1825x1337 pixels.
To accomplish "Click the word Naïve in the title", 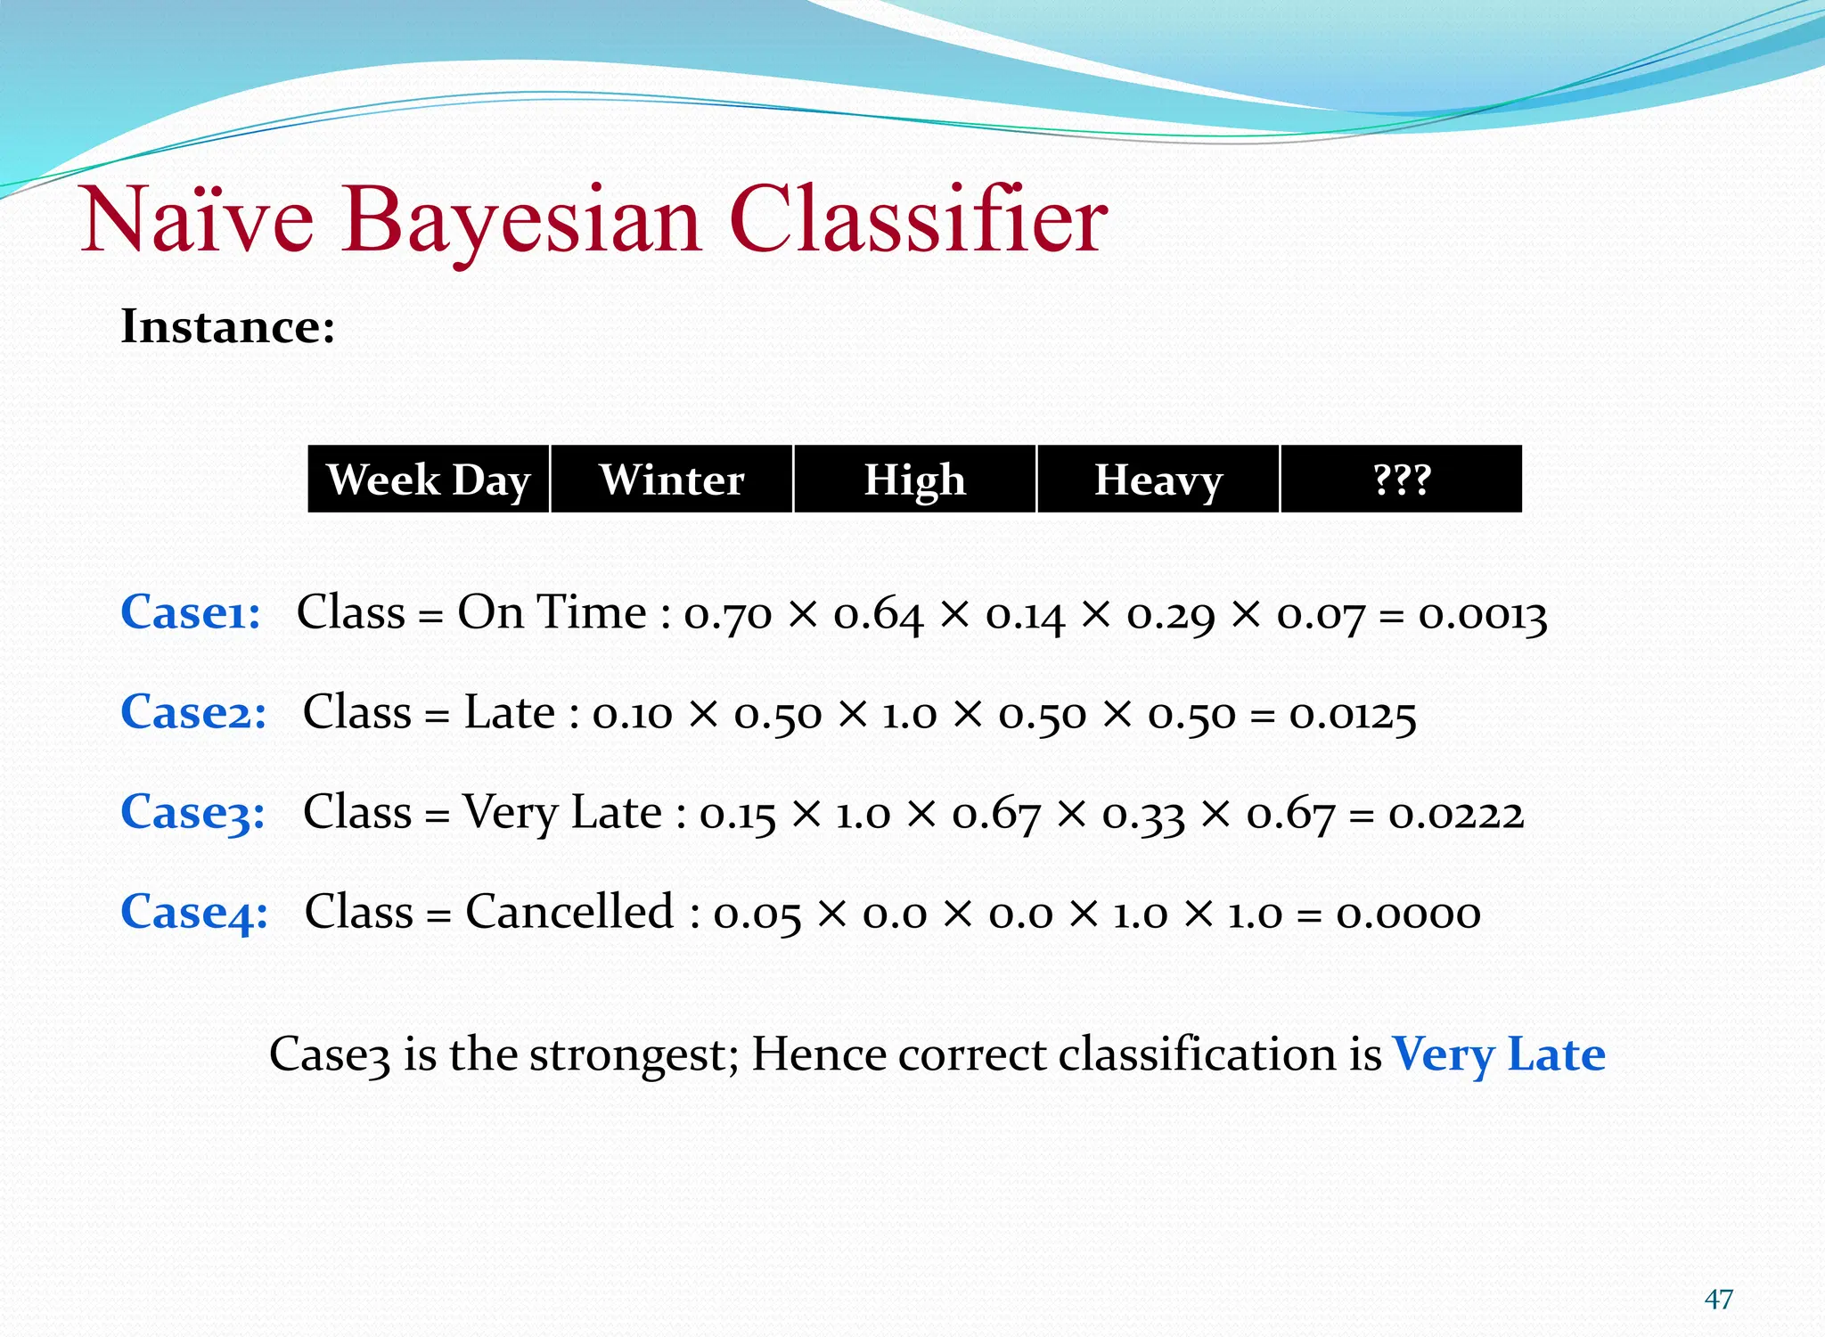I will click(x=197, y=220).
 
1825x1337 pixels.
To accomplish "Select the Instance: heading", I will click(x=228, y=326).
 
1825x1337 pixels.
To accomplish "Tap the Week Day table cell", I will click(x=429, y=480).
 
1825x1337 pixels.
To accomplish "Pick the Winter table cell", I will click(x=672, y=480).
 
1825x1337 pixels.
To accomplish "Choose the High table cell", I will click(x=914, y=480).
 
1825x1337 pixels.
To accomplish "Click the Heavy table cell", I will click(x=1158, y=480).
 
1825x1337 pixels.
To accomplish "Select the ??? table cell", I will click(x=1402, y=480).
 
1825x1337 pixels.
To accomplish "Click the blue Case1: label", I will click(x=191, y=613).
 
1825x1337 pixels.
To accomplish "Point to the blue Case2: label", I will click(x=193, y=713).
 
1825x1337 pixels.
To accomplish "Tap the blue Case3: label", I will click(x=193, y=813).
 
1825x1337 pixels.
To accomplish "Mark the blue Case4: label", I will click(x=194, y=913).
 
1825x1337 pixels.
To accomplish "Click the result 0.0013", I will click(x=1482, y=615).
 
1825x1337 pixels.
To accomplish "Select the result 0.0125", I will click(x=1353, y=715).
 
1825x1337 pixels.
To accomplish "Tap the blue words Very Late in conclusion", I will click(x=1499, y=1054).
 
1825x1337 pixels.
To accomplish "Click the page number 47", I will click(x=1718, y=1300).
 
